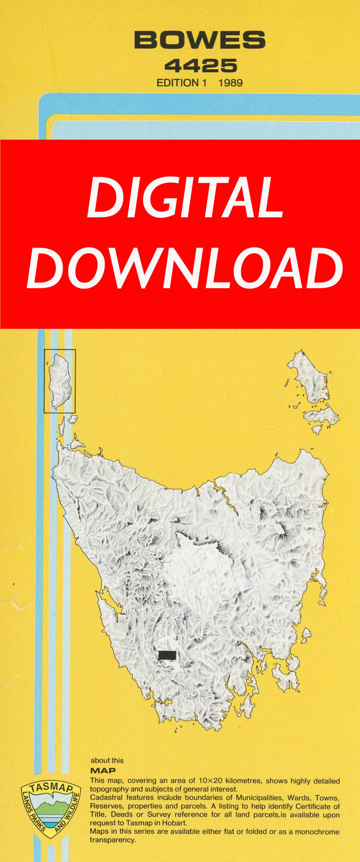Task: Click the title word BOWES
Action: tap(200, 41)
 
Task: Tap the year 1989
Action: tap(231, 83)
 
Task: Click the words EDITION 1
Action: tap(178, 83)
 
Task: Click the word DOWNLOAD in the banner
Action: tap(184, 269)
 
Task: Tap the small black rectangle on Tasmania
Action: tap(168, 655)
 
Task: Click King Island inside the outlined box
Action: tap(61, 381)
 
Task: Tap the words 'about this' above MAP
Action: tap(107, 760)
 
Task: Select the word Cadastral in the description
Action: tap(107, 798)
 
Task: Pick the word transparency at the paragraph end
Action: tap(112, 839)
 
